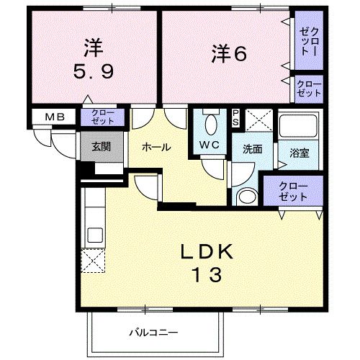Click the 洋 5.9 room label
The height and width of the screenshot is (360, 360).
[91, 62]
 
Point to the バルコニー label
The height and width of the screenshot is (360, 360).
[153, 333]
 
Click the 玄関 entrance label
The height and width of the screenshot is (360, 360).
[101, 146]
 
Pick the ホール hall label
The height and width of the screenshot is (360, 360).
[156, 147]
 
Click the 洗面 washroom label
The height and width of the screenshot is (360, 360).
[251, 150]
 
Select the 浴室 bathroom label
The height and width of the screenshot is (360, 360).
[299, 153]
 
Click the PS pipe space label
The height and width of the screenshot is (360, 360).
[236, 118]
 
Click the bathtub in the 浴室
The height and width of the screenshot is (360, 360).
[300, 128]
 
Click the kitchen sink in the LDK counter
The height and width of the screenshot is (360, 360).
[94, 235]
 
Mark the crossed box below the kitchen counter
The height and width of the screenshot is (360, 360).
[94, 261]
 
